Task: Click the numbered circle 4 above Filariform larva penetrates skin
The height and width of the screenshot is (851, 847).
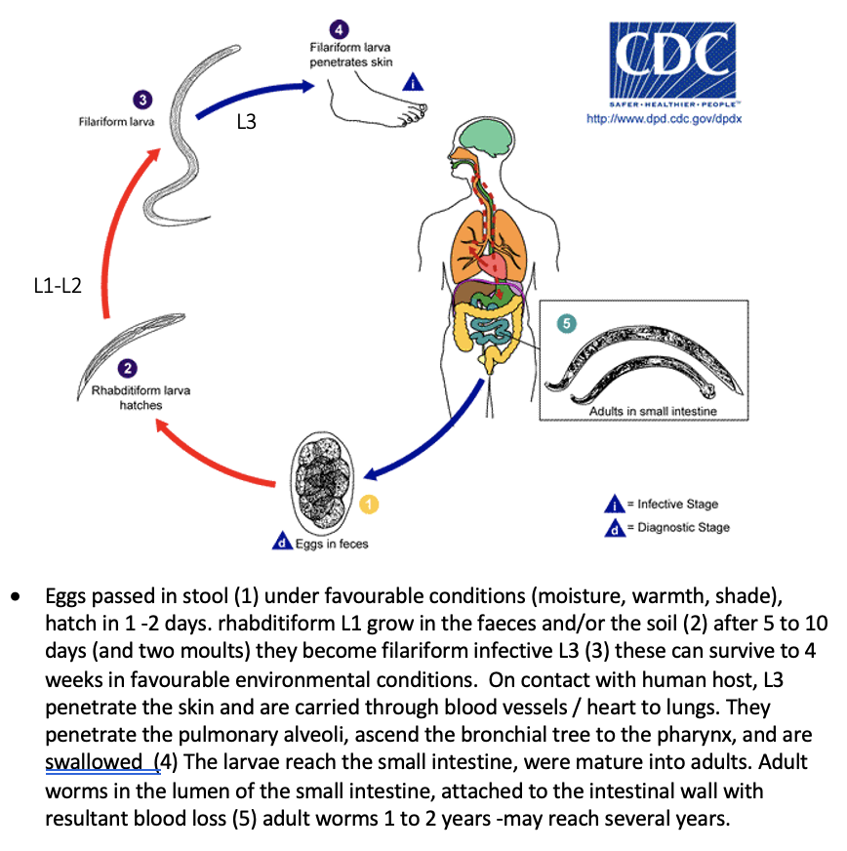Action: [x=337, y=30]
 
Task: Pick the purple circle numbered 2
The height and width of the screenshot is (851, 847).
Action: [x=127, y=369]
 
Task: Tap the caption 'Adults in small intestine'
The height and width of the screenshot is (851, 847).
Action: [x=652, y=411]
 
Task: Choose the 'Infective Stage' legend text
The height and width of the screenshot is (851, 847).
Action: [x=677, y=505]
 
